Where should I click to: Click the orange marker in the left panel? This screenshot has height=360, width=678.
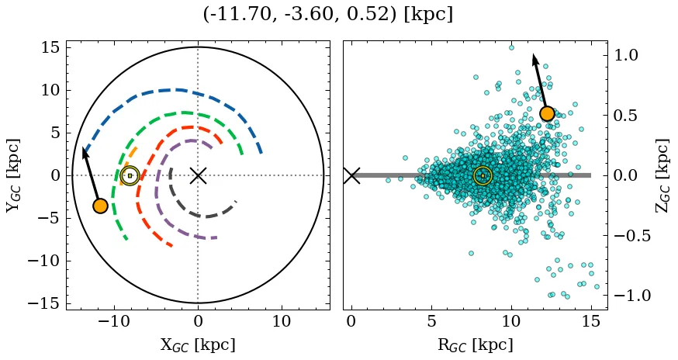[100, 206]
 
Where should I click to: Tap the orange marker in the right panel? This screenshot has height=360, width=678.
[547, 113]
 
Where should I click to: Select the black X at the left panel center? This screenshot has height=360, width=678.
[198, 175]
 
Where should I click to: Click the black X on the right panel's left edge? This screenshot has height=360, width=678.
[351, 175]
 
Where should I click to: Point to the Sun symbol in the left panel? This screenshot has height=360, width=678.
[130, 176]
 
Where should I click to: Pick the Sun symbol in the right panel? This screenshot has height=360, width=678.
[483, 176]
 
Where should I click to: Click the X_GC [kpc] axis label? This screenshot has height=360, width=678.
[198, 345]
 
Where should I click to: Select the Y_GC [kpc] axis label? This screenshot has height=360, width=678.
[13, 175]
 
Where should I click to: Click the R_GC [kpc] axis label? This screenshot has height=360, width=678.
[475, 345]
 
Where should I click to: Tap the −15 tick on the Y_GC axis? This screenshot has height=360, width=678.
[43, 303]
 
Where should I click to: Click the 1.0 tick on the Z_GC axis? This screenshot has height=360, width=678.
[626, 55]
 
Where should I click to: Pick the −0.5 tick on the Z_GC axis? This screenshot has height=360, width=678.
[631, 236]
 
